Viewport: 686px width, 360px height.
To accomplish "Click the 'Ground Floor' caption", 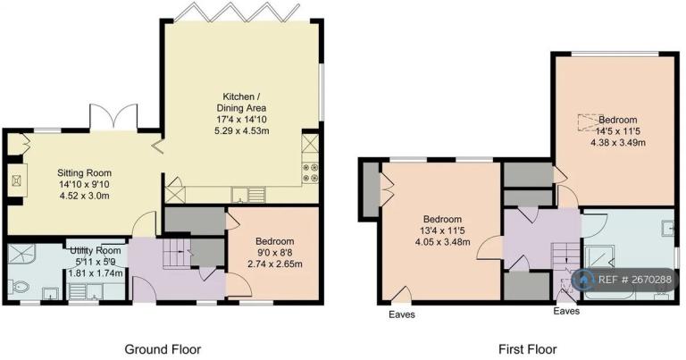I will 162,349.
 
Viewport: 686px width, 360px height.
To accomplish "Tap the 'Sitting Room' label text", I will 83,172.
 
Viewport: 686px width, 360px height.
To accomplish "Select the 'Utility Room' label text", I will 95,250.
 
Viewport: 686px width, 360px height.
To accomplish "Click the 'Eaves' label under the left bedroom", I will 401,314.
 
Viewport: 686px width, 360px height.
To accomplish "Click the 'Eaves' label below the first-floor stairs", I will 566,312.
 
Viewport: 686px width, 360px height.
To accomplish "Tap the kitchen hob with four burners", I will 310,172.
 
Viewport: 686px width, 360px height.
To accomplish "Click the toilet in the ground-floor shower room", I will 17,287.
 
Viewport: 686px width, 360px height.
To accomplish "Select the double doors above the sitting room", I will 114,119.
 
